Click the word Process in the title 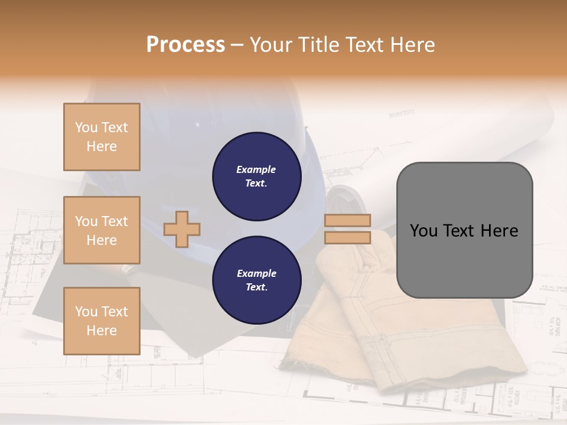coord(185,45)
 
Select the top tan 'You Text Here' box coord(102,137)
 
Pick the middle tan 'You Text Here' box coord(102,230)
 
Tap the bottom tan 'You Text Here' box coord(102,321)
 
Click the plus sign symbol coord(182,229)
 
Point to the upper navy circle coord(256,176)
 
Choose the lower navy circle coord(256,280)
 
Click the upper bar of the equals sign coord(347,220)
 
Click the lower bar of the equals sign coord(347,237)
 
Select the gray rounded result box coord(464,230)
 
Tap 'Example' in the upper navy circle coord(256,169)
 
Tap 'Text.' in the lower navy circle coord(256,287)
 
